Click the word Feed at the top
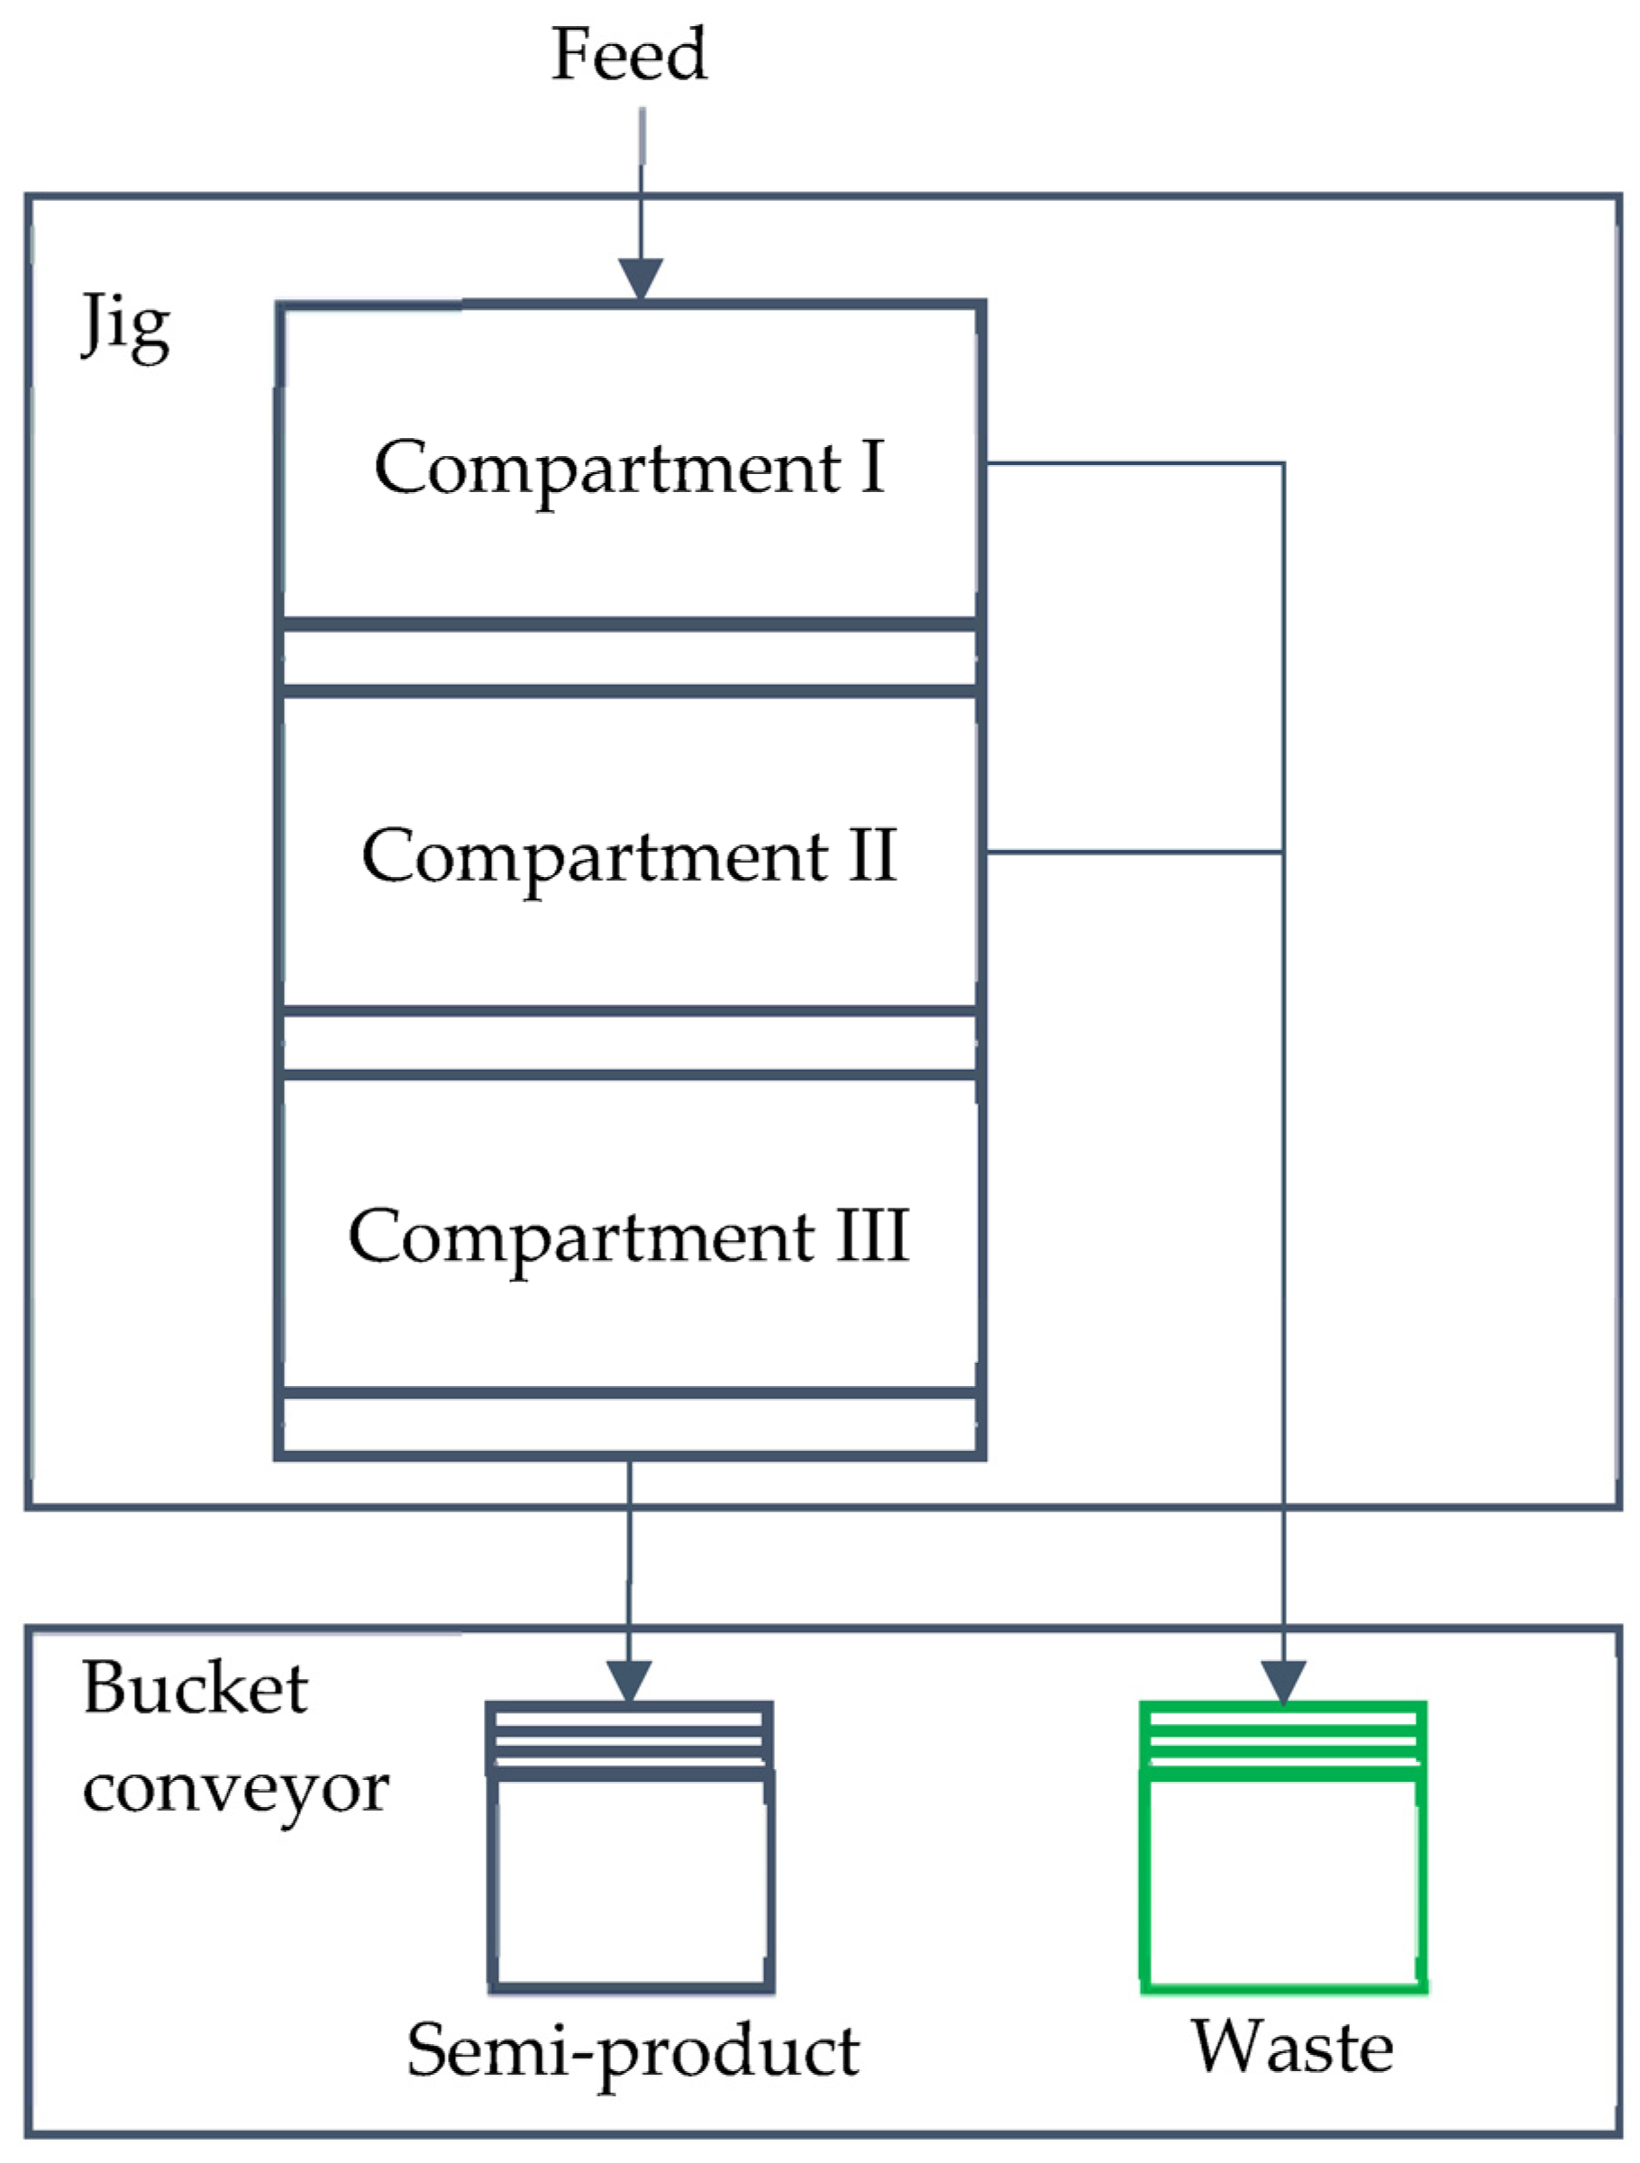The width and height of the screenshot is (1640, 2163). pos(629,55)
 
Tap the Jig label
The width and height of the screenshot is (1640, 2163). pos(125,326)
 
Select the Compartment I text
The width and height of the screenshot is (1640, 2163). pos(629,468)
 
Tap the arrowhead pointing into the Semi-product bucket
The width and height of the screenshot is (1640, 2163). pos(629,1681)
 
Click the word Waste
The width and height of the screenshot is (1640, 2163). pos(1291,2047)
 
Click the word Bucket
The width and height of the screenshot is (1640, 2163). pos(196,1689)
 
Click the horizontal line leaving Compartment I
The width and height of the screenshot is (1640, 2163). pos(1134,463)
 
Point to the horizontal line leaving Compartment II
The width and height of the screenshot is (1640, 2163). pos(1134,853)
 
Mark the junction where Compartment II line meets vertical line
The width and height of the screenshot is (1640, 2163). pos(1283,853)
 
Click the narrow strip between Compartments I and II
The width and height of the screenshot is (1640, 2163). pos(629,658)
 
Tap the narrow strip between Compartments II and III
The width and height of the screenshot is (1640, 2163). pos(629,1044)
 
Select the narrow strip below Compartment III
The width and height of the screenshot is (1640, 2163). pos(629,1425)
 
